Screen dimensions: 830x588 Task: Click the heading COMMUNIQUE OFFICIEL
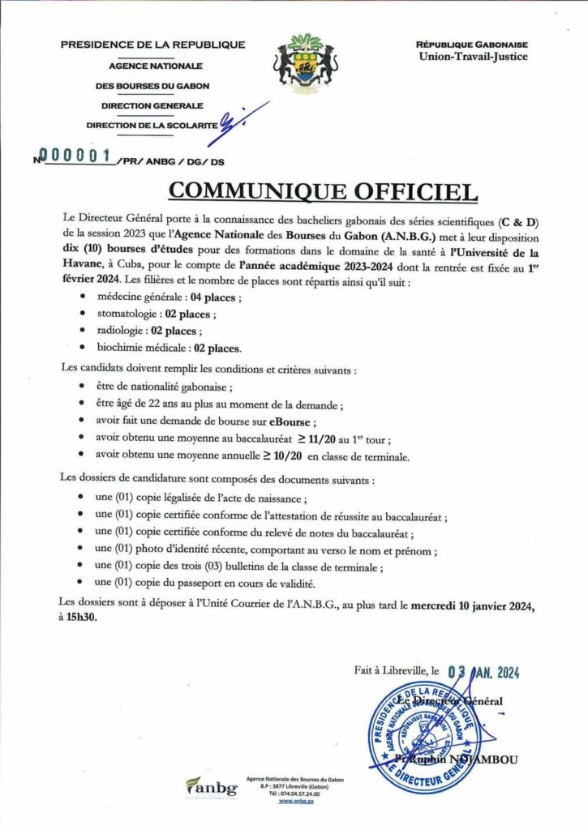click(x=323, y=190)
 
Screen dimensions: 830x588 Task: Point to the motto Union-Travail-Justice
click(x=472, y=56)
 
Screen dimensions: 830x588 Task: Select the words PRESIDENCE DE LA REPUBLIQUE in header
click(x=152, y=45)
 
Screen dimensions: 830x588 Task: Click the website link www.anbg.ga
click(x=295, y=800)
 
